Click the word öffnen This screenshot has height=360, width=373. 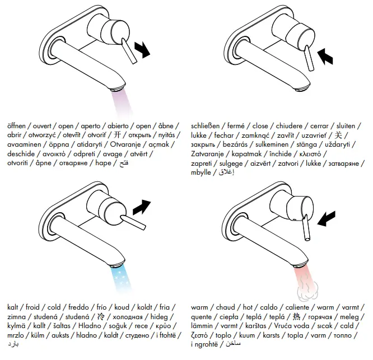pos(18,126)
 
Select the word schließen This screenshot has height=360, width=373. pos(206,126)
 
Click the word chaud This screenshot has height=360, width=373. pos(225,307)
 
